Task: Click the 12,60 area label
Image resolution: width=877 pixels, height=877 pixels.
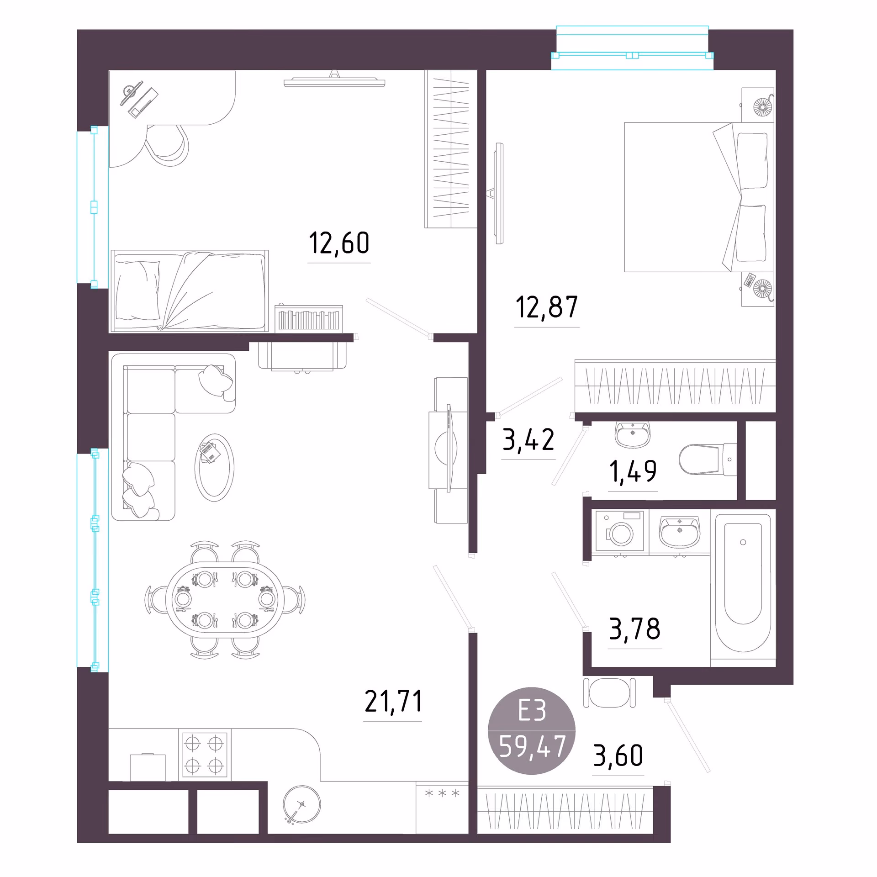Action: coord(339,243)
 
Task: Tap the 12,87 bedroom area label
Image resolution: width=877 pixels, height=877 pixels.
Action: coord(547,307)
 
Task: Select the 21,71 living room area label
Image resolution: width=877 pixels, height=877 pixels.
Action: coord(393,702)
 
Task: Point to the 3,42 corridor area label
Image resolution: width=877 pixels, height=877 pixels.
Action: coord(528,439)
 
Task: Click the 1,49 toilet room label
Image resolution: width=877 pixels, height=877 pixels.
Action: coord(633,471)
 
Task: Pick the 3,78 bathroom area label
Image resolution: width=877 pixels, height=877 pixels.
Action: coord(635,629)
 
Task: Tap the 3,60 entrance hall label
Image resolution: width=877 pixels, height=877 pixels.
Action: coord(618,755)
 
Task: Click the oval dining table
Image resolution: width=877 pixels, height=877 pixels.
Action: coord(225,599)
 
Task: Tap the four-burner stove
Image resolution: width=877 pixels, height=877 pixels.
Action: coord(205,755)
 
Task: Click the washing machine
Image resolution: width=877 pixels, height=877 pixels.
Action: coord(620,531)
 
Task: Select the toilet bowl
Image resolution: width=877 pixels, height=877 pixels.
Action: coord(707,460)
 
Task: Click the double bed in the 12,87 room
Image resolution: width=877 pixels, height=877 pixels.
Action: coord(699,197)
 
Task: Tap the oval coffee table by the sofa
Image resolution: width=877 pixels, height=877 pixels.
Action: coord(214,467)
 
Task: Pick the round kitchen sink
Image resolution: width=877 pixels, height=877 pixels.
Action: coord(302,804)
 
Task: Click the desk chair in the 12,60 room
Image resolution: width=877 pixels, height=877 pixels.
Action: coord(167,145)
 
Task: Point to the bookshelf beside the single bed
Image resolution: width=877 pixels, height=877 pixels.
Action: coord(309,318)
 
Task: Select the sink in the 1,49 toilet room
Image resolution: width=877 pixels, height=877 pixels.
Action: coord(633,434)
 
